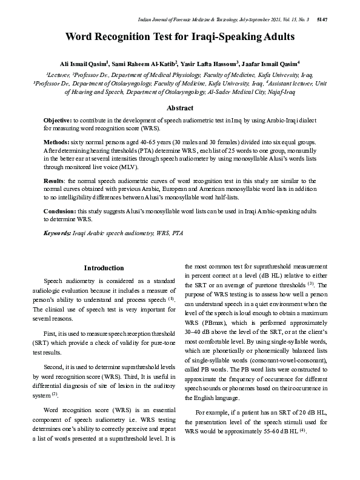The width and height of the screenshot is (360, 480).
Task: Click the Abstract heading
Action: pyautogui.click(x=180, y=108)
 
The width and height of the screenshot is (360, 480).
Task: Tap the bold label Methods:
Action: pyautogui.click(x=56, y=141)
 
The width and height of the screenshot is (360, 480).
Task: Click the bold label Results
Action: pyautogui.click(x=55, y=181)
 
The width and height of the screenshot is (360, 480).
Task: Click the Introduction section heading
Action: pyautogui.click(x=104, y=268)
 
